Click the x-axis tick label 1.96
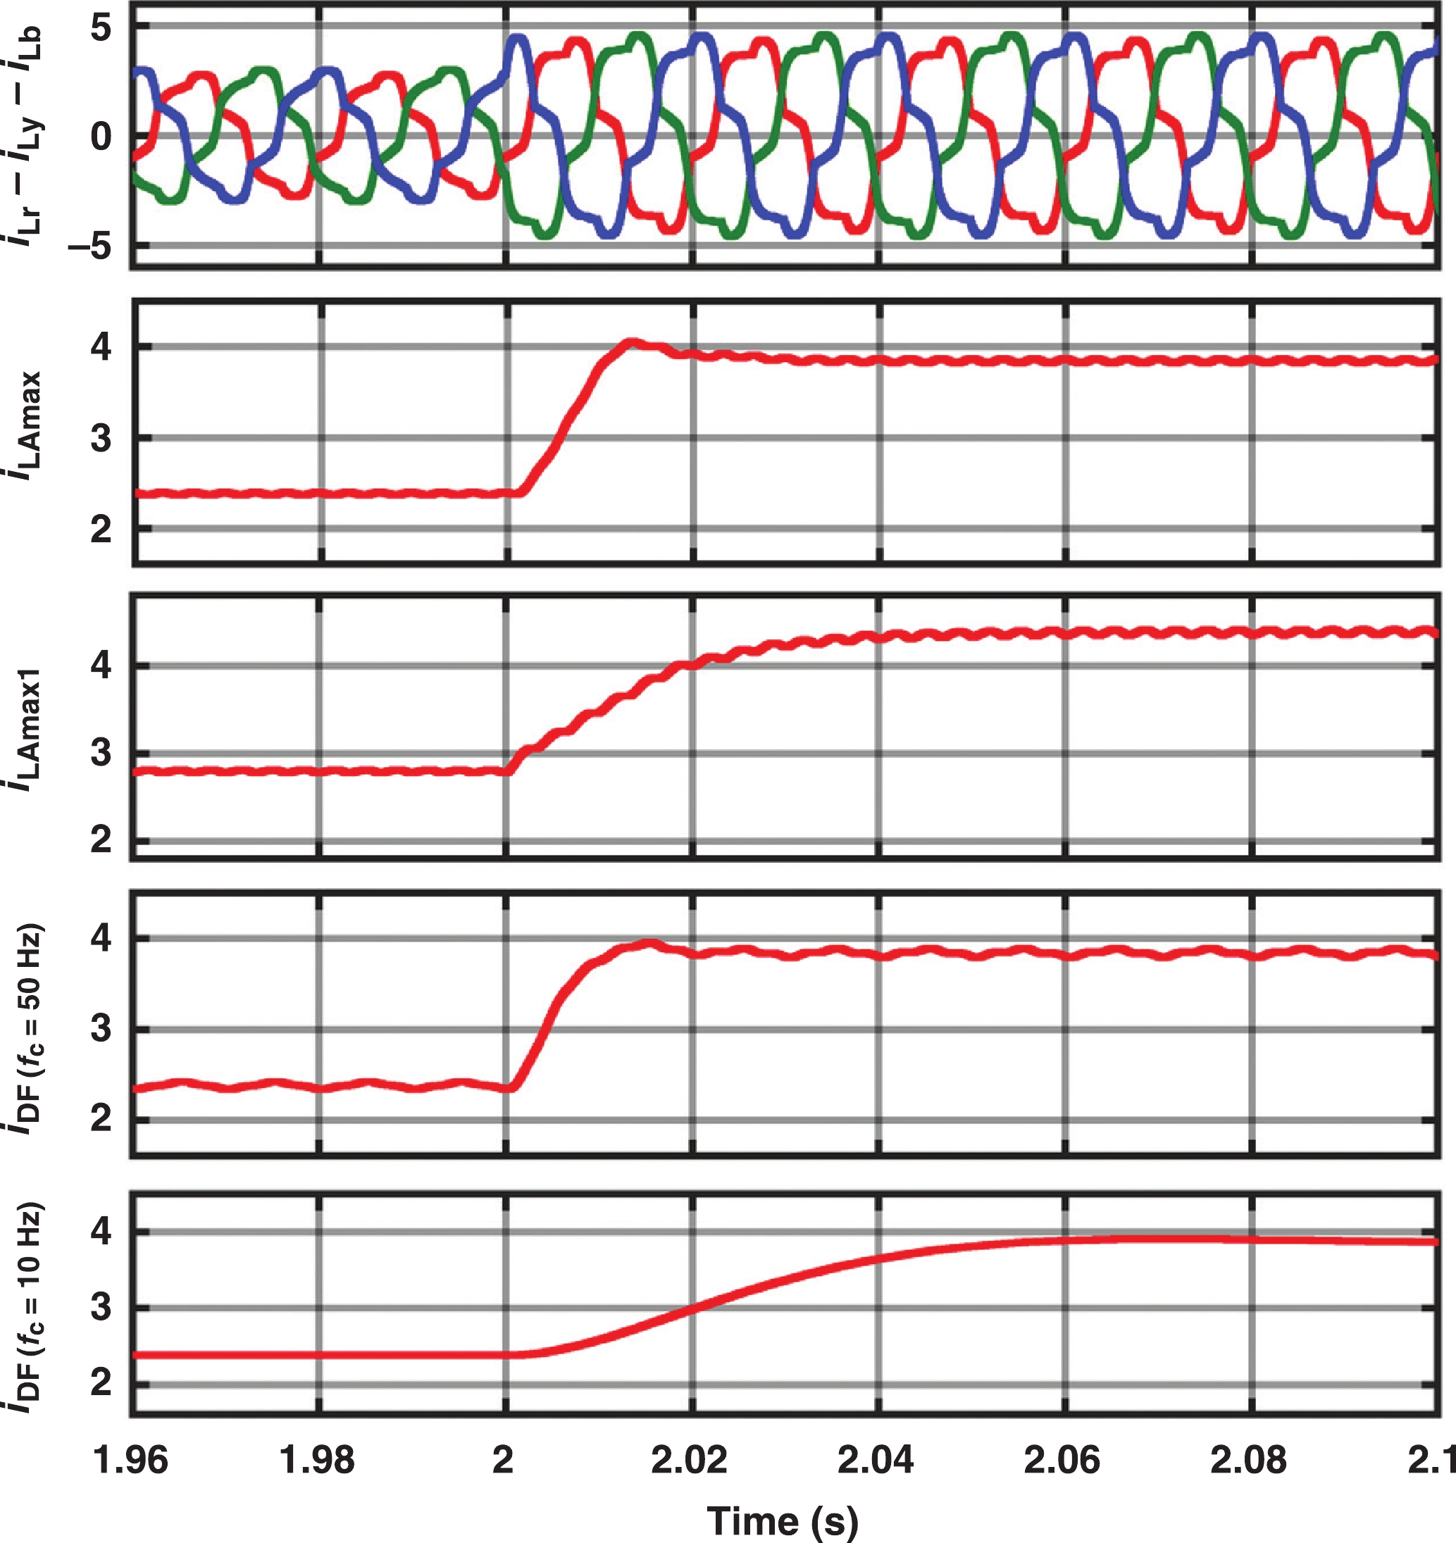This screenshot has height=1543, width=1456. pyautogui.click(x=130, y=1460)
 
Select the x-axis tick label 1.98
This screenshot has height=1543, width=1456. pyautogui.click(x=317, y=1460)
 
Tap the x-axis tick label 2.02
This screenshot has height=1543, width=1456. pyautogui.click(x=689, y=1460)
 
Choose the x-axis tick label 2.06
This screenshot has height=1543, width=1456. pyautogui.click(x=1062, y=1460)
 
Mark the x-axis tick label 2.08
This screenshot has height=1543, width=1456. pyautogui.click(x=1248, y=1460)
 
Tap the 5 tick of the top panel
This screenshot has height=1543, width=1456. pyautogui.click(x=101, y=29)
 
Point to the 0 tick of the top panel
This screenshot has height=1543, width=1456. pyautogui.click(x=101, y=137)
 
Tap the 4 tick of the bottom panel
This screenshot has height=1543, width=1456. pyautogui.click(x=101, y=1232)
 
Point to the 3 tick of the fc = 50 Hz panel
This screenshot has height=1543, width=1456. pyautogui.click(x=101, y=1029)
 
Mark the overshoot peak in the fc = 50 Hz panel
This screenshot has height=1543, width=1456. pyautogui.click(x=649, y=944)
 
